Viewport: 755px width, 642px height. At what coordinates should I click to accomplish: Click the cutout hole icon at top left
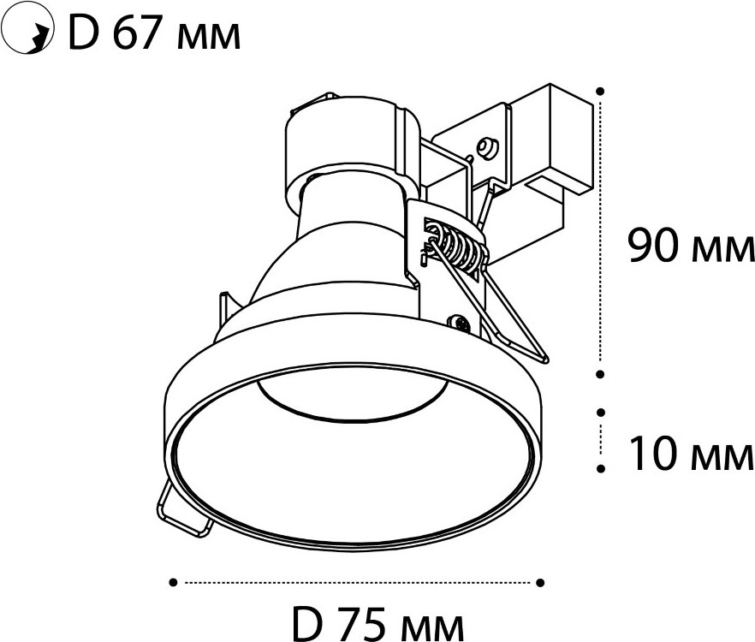[x=28, y=33]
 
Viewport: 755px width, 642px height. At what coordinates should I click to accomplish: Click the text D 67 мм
[x=154, y=33]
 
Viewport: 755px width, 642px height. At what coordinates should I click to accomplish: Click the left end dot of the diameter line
[x=173, y=583]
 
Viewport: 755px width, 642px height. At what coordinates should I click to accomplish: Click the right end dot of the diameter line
[x=540, y=583]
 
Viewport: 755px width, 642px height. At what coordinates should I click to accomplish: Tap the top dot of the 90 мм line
[x=600, y=91]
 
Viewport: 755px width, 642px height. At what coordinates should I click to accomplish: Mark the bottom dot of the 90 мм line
[x=600, y=374]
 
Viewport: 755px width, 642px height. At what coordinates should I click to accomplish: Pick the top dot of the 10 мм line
[x=600, y=413]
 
